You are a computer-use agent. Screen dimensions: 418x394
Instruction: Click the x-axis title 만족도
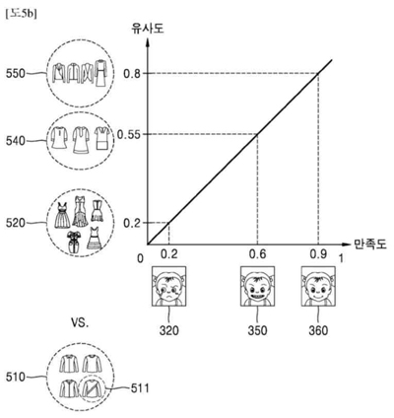point(367,242)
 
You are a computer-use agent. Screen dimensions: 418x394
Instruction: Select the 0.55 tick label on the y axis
point(129,134)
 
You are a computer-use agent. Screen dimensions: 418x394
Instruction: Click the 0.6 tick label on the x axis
point(259,255)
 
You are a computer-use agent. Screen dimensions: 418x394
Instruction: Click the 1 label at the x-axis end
point(342,256)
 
